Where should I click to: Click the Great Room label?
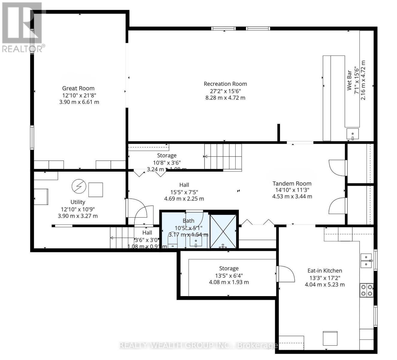[x=78, y=88]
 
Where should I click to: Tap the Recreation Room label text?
[x=225, y=84]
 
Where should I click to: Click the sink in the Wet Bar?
[x=353, y=133]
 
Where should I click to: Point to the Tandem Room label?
[x=292, y=183]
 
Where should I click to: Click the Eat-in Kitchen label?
[x=325, y=270]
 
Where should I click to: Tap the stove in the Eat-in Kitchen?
[x=367, y=290]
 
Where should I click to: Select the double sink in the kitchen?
[x=366, y=260]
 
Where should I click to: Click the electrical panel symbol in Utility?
[x=79, y=187]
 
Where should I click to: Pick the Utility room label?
[x=78, y=202]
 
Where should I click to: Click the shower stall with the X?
[x=223, y=231]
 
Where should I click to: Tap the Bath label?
[x=188, y=221]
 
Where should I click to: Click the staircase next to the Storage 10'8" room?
[x=223, y=157]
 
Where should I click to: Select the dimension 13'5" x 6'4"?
[x=229, y=275]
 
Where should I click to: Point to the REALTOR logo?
[x=23, y=27]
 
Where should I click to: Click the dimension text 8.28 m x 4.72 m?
[x=225, y=98]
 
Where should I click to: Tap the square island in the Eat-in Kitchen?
[x=330, y=338]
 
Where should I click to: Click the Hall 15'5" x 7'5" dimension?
[x=184, y=192]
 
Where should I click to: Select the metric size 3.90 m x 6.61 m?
[x=79, y=102]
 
